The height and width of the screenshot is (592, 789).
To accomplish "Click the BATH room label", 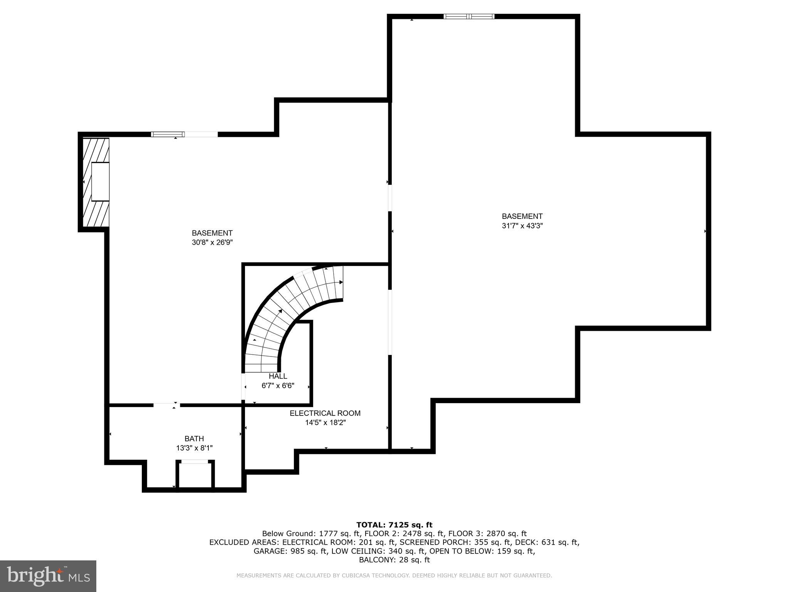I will coord(194,439).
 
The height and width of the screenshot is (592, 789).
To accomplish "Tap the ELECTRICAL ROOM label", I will coord(325,413).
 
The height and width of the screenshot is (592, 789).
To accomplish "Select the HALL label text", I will coord(278,376).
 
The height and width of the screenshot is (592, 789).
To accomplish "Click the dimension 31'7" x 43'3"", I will coord(522,226).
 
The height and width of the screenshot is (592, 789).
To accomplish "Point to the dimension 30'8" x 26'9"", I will coord(212,242).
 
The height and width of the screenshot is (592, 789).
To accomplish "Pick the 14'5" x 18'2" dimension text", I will coord(326,422).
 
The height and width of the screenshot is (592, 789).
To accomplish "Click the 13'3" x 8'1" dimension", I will coord(194,448).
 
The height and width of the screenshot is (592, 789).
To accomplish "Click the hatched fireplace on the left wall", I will coord(96,182).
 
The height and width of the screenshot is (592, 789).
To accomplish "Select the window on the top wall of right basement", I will coord(469,16).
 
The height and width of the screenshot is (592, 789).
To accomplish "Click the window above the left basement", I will coord(168,134).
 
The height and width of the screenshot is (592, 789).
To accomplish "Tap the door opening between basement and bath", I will coord(166,405).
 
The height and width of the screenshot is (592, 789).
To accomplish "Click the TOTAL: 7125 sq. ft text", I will coord(394,525).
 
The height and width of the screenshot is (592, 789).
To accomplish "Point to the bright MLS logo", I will coord(48,576).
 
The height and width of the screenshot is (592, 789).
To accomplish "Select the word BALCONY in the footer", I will coord(376,560).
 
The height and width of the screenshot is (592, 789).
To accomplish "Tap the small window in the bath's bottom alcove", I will coord(195,461).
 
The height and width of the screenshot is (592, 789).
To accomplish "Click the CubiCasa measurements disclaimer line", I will coord(394,575).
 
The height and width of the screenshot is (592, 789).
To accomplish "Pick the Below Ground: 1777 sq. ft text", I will coord(311,533).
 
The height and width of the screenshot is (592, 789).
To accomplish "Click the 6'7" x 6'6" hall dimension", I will coord(278,385).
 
